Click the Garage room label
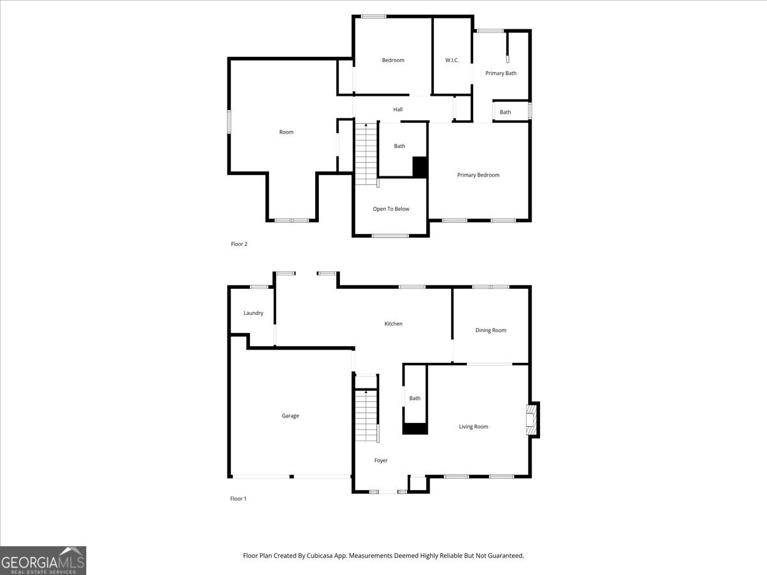290,416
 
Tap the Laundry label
253,313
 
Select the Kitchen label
393,324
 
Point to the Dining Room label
490,330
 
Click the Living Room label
473,427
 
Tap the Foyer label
381,461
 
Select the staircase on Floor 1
366,416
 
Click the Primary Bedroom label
478,175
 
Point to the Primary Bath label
500,73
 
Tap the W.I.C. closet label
452,61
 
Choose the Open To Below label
391,209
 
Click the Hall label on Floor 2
398,110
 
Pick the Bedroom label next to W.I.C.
393,61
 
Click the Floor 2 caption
238,244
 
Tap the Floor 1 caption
238,499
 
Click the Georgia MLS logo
43,560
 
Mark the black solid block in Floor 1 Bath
415,429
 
